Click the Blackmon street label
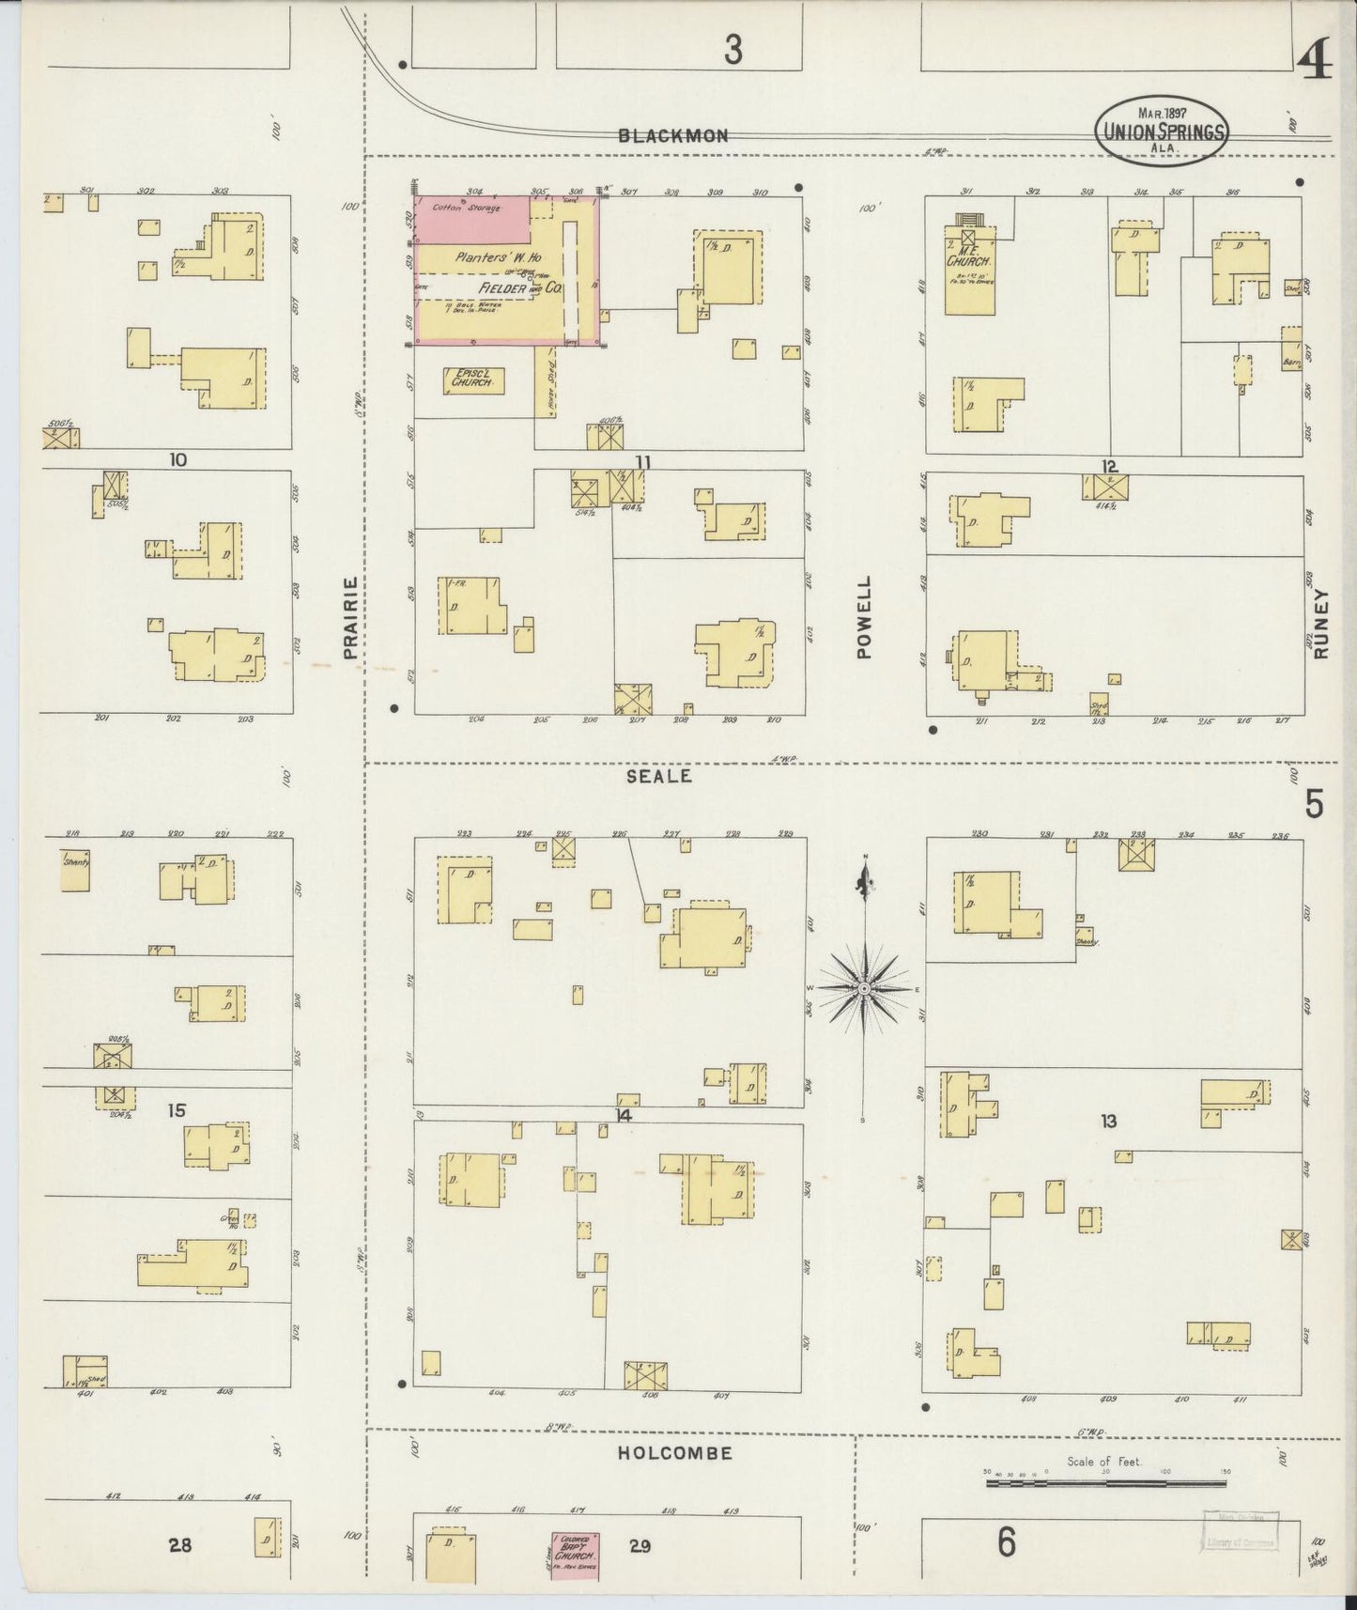click(672, 135)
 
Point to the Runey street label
click(1322, 624)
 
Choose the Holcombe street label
click(674, 1452)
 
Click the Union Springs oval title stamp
click(1161, 132)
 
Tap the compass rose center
click(863, 989)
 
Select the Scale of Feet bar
click(1105, 1483)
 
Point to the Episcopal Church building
click(474, 379)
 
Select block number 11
click(642, 461)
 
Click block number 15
click(176, 1110)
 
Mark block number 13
click(1109, 1120)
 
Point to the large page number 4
click(1315, 64)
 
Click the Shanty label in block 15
click(74, 860)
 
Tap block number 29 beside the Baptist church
click(640, 1545)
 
